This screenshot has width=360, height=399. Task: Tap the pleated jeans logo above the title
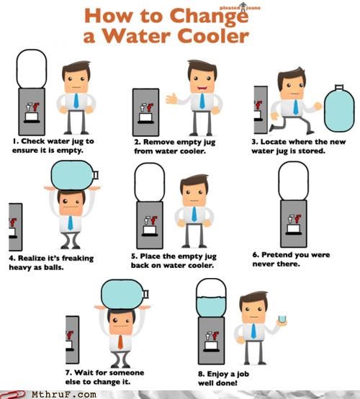point(240,7)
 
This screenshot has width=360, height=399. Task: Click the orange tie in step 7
point(120,342)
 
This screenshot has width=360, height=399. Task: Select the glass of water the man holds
point(282,319)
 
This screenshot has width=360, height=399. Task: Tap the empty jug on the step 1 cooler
point(32,68)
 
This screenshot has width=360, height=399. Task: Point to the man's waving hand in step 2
point(171,99)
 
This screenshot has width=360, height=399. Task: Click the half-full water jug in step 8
point(211,297)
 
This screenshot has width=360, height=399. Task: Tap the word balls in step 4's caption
point(54,267)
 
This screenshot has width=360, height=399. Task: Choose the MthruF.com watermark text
point(64,395)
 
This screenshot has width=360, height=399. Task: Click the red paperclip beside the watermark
point(12,395)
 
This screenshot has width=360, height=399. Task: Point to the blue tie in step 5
point(194,214)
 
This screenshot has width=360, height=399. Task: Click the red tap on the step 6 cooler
point(297,218)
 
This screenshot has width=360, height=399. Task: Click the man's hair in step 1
point(76,68)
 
